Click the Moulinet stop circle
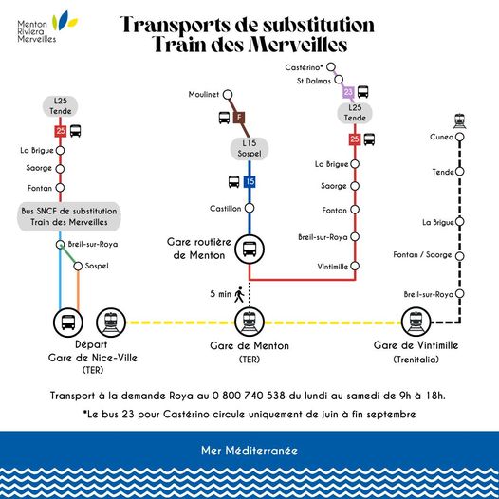[228, 95]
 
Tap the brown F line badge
[239, 118]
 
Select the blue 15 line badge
[249, 182]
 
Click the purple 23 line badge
[348, 92]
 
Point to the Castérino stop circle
[331, 67]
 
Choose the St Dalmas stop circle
[339, 79]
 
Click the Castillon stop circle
[249, 208]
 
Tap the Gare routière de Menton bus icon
[249, 249]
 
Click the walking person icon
[239, 294]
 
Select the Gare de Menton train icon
[249, 322]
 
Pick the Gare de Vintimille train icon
[416, 322]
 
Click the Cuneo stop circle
[459, 137]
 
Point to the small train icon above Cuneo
[460, 121]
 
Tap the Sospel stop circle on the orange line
[78, 266]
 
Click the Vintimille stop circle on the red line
[355, 266]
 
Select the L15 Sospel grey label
[249, 148]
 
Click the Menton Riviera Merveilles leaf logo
[65, 21]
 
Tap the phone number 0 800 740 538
[249, 396]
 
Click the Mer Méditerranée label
[249, 451]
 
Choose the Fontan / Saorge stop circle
[459, 256]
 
